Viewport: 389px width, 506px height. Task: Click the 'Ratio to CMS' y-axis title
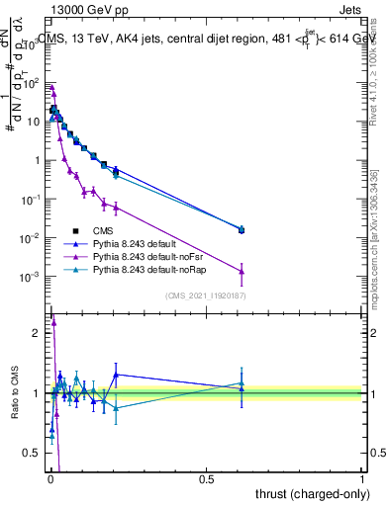14,392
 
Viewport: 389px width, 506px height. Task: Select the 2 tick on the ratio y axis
38,333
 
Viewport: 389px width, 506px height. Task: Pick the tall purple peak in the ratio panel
54,321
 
